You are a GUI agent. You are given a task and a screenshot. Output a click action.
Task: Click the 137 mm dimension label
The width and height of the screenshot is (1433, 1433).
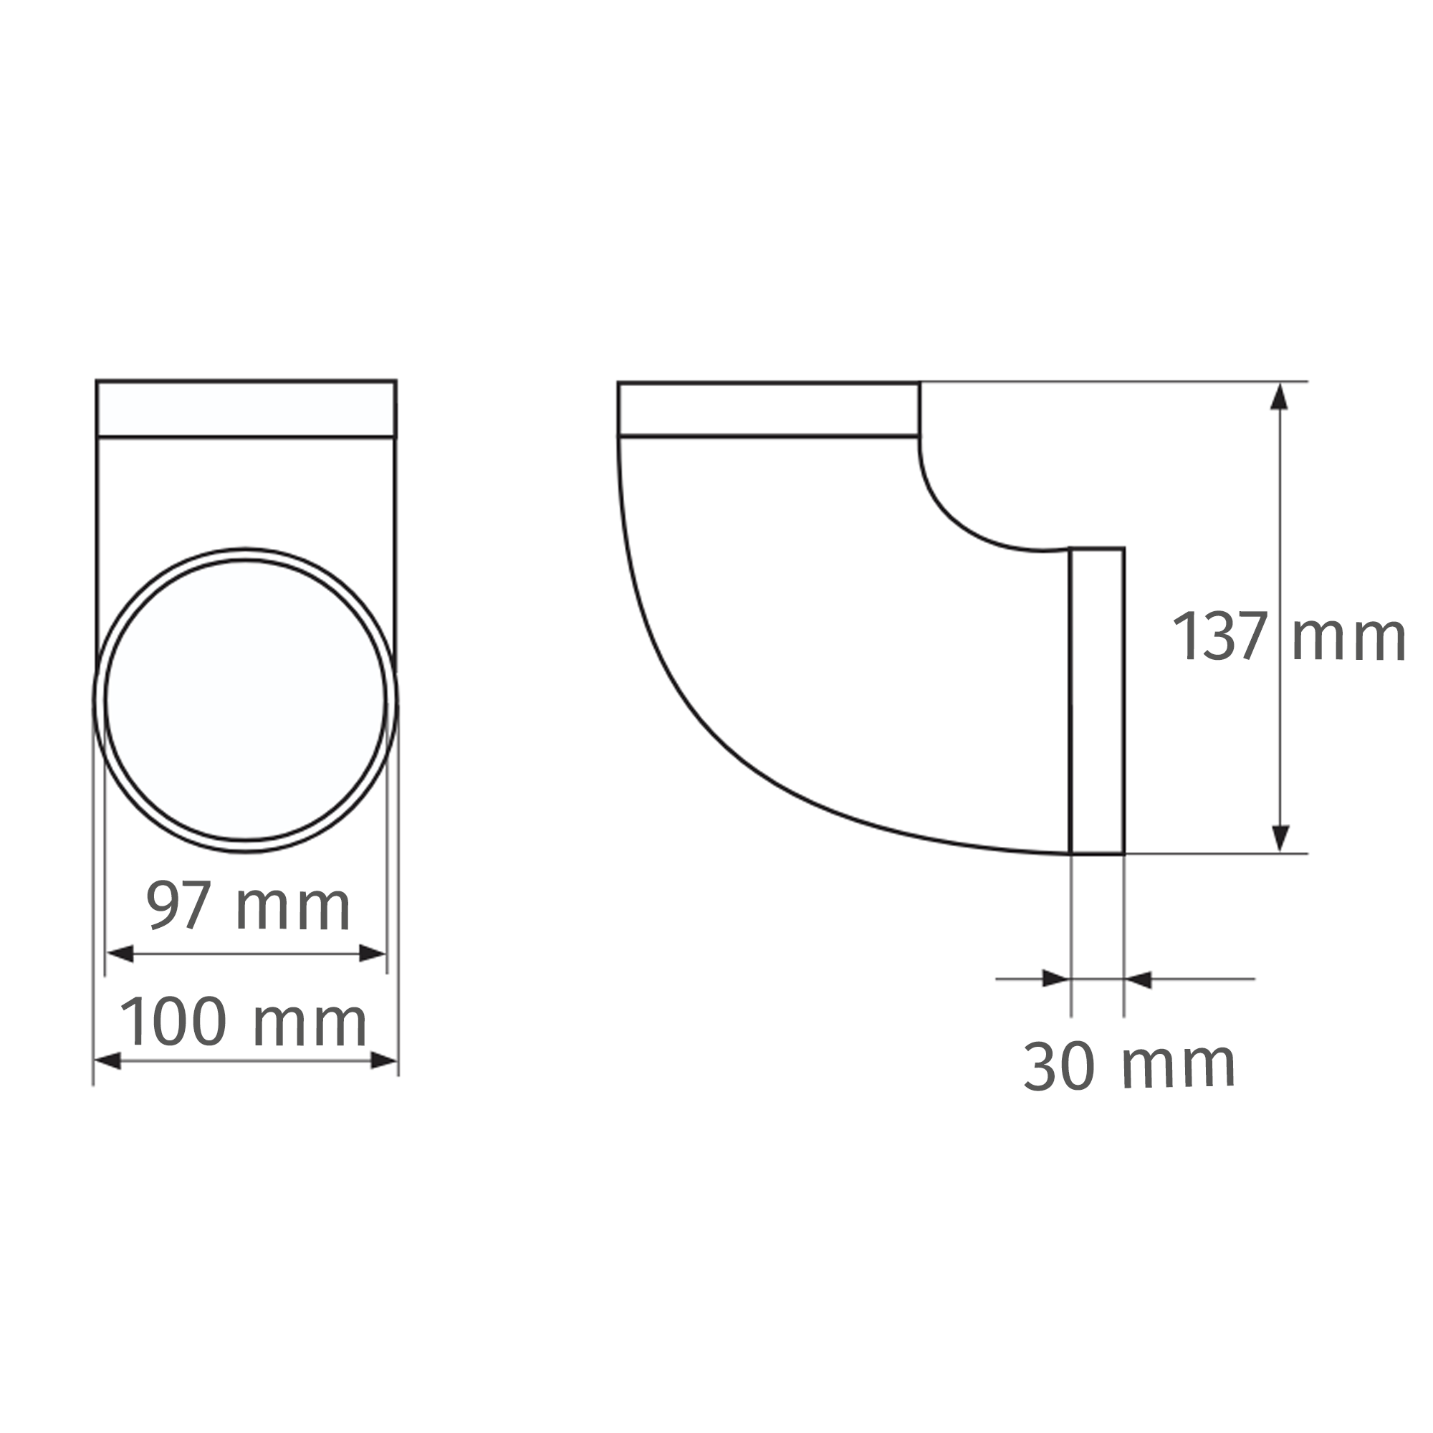point(1288,636)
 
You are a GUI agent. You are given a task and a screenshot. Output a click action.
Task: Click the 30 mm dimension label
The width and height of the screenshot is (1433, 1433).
point(1129,1066)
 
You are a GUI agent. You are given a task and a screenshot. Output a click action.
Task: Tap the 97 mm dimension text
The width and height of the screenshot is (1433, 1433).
point(248,906)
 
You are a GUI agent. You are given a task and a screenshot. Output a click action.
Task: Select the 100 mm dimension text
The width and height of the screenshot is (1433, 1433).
point(244,1022)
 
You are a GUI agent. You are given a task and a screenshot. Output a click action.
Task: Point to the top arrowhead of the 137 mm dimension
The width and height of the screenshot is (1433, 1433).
point(1279,398)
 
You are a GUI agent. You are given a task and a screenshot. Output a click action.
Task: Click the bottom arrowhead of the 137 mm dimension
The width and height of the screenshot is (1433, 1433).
point(1279,838)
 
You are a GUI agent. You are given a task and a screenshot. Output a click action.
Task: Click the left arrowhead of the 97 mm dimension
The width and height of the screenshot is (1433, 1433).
point(121,954)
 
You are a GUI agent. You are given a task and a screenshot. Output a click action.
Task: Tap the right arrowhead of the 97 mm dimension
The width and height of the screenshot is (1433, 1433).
point(372,954)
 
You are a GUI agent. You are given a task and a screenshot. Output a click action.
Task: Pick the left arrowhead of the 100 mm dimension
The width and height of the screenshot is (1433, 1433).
point(108,1060)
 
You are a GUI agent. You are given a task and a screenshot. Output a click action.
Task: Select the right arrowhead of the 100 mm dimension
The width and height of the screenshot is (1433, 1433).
point(383,1060)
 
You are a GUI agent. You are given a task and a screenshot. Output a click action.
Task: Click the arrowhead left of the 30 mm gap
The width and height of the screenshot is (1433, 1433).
point(1055,978)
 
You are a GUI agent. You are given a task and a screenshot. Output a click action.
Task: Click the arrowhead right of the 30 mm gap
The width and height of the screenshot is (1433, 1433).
point(1139,979)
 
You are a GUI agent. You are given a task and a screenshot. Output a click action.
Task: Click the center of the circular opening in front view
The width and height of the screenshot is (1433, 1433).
point(246,700)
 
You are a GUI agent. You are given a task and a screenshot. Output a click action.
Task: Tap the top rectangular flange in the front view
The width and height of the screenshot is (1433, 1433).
point(246,409)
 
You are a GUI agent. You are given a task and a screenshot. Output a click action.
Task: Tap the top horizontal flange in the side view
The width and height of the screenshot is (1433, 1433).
point(768,409)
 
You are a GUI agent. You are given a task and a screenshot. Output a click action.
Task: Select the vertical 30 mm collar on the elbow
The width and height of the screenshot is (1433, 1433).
point(1097,701)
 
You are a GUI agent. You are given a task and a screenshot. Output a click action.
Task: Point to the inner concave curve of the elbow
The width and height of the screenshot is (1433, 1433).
point(957,519)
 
